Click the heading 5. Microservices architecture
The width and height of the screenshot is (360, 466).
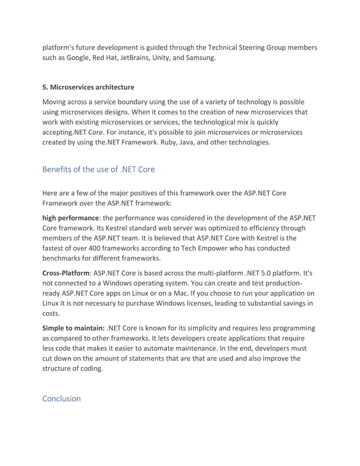pyautogui.click(x=89, y=87)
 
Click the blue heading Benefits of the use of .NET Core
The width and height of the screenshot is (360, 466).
pyautogui.click(x=99, y=169)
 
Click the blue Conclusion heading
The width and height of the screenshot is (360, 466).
pyautogui.click(x=62, y=398)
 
